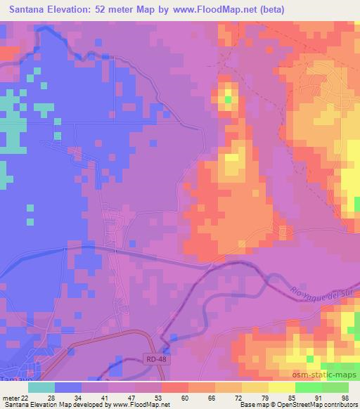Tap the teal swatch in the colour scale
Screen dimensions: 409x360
click(x=41, y=387)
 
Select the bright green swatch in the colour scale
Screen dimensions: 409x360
click(x=309, y=387)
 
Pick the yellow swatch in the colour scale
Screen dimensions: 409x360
click(x=255, y=387)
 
